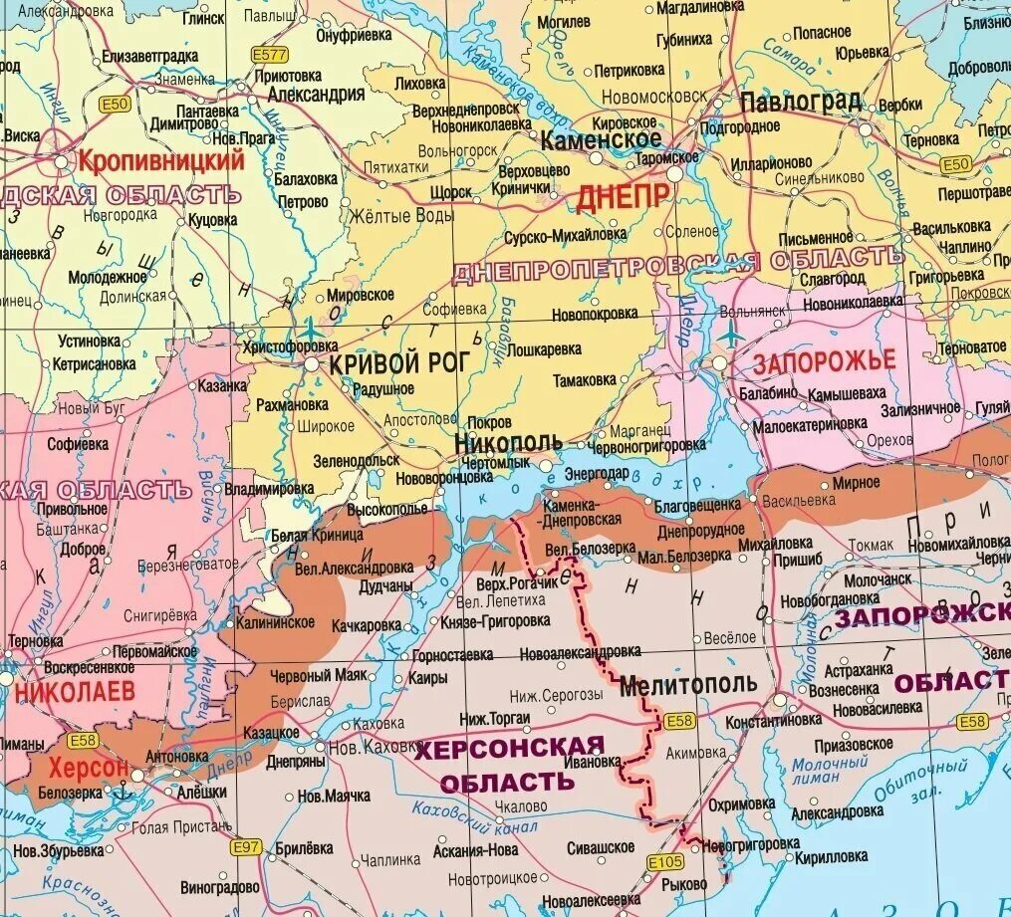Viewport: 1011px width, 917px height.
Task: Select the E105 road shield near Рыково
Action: click(664, 862)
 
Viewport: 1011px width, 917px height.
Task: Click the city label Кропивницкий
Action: click(161, 159)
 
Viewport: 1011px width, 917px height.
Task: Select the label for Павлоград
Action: click(800, 101)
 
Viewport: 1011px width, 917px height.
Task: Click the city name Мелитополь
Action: click(688, 685)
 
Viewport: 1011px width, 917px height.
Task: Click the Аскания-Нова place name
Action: click(476, 851)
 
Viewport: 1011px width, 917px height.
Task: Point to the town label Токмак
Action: click(874, 545)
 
